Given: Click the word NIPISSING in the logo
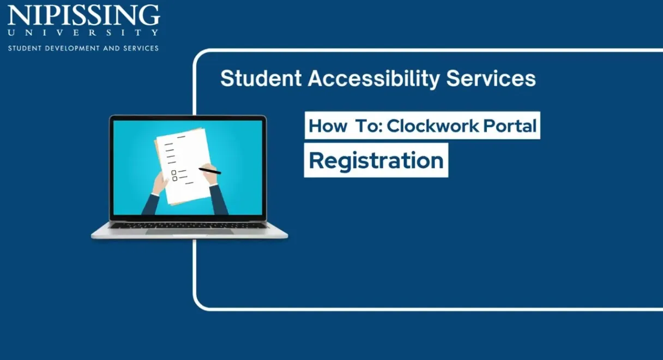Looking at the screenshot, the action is click(x=83, y=15).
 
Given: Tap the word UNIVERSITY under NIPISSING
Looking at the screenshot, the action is click(x=83, y=32).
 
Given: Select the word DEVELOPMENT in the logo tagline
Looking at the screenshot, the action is click(x=72, y=48).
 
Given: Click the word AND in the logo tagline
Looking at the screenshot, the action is click(x=112, y=48).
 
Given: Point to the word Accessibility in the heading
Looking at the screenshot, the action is click(x=374, y=79).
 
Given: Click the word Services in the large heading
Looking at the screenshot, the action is click(x=491, y=79).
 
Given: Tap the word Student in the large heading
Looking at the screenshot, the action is click(x=261, y=79).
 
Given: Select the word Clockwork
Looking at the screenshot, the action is click(x=433, y=125).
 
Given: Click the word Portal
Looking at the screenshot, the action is click(x=510, y=125).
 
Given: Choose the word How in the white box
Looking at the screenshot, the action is click(x=328, y=126).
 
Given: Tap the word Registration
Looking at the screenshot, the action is click(x=376, y=161).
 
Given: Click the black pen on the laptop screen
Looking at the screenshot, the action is click(x=210, y=171).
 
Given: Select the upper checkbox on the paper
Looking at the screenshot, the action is click(x=174, y=172).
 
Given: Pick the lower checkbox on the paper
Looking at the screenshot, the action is click(x=175, y=178).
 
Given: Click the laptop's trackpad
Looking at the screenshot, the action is click(x=189, y=231).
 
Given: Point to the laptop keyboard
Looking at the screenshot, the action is click(x=188, y=225).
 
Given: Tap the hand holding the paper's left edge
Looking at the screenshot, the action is click(x=161, y=183).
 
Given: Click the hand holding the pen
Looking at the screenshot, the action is click(x=211, y=175).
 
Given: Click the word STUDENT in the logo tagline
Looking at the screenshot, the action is click(x=25, y=48).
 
